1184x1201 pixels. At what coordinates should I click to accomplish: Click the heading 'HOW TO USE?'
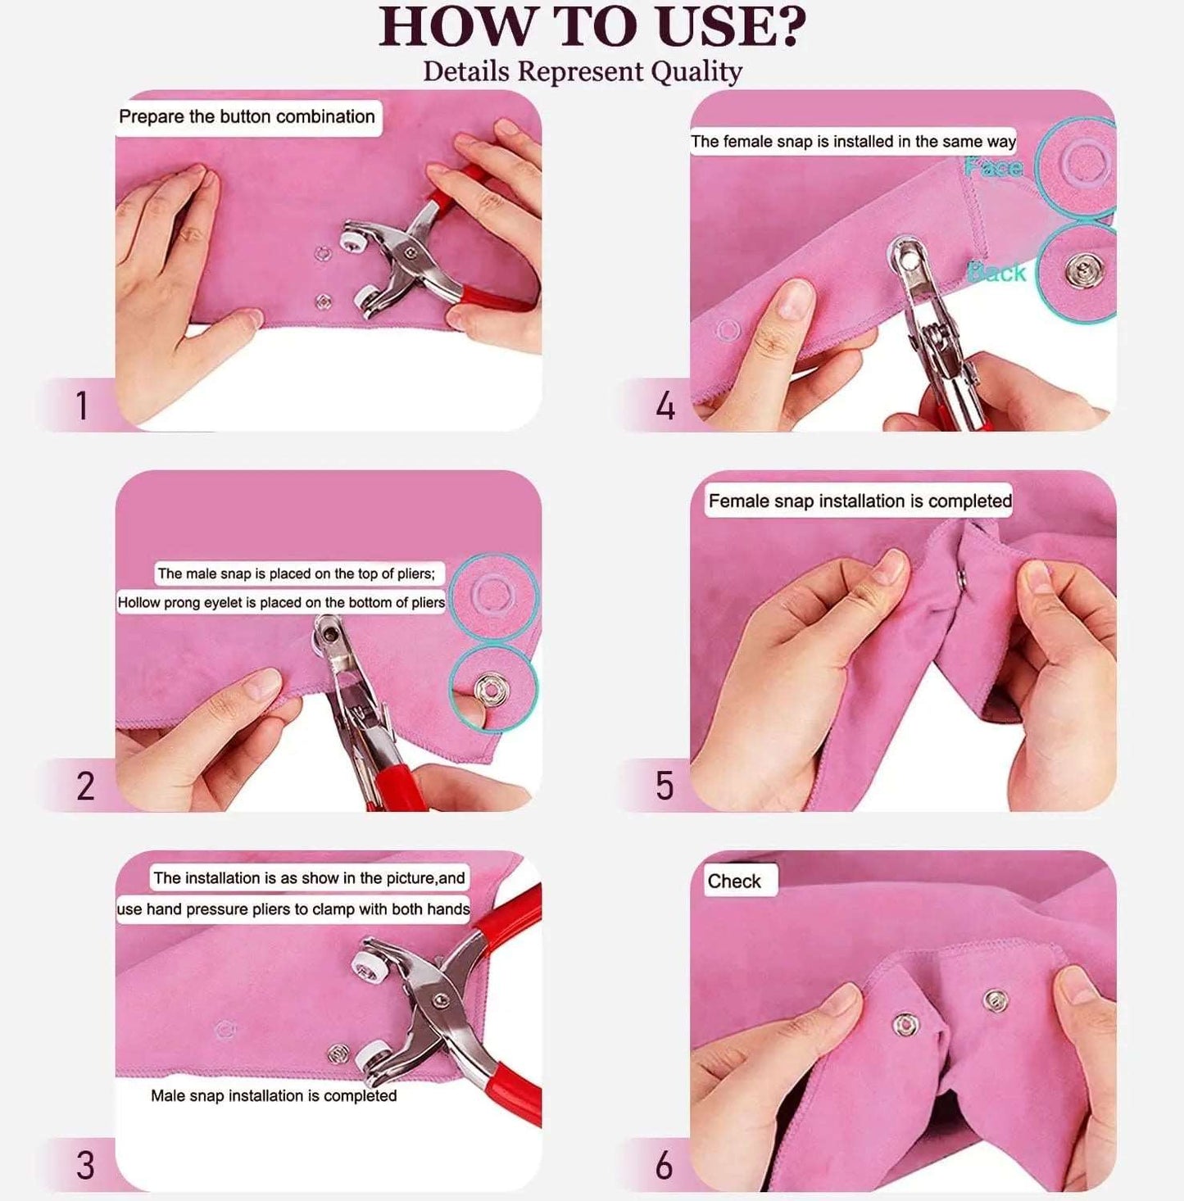[x=592, y=27]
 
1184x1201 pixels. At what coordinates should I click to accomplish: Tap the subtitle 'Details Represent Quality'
[x=583, y=71]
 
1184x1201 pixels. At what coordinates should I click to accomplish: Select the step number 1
[x=81, y=406]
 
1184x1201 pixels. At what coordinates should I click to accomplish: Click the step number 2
[x=85, y=786]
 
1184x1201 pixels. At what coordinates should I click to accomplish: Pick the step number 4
[x=665, y=406]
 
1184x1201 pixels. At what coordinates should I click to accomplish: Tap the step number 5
[x=665, y=786]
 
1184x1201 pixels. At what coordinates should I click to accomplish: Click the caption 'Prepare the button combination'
[x=247, y=116]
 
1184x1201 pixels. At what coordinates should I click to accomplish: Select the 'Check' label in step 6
[x=734, y=881]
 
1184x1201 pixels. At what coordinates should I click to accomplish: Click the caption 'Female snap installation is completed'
[x=860, y=501]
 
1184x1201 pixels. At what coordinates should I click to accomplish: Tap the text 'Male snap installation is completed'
[x=274, y=1096]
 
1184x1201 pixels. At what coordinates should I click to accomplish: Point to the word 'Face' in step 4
[x=993, y=167]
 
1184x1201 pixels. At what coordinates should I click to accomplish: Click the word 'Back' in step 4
[x=996, y=272]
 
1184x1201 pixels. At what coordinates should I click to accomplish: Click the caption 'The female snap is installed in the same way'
[x=853, y=142]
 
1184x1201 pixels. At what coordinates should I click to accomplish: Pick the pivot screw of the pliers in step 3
[x=440, y=1000]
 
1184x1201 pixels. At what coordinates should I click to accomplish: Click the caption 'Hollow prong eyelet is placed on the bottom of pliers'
[x=281, y=603]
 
